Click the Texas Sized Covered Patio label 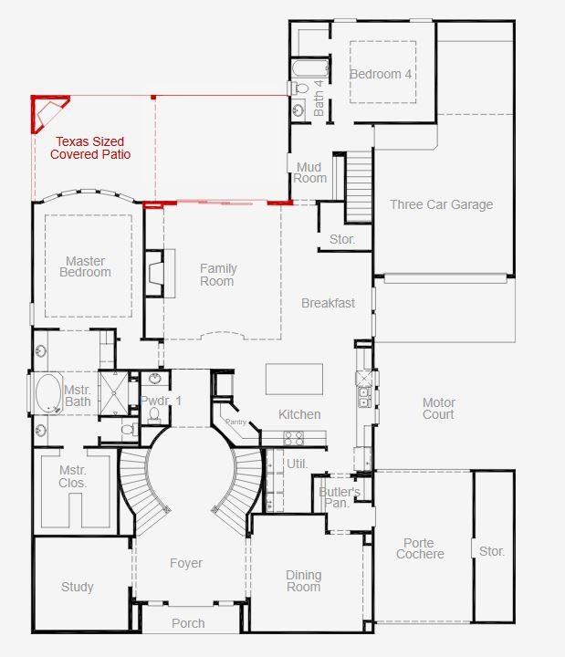point(89,148)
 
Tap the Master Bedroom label point(88,266)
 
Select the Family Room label point(218,275)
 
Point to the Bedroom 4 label point(381,74)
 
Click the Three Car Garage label point(441,204)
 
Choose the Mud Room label point(310,172)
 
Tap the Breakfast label point(328,303)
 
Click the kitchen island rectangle point(294,379)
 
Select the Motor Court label point(439,409)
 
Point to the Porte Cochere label point(420,548)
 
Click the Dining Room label point(303,580)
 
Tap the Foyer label point(186,563)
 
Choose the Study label point(78,587)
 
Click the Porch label point(188,623)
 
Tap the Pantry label point(236,422)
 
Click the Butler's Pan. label point(337,497)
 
